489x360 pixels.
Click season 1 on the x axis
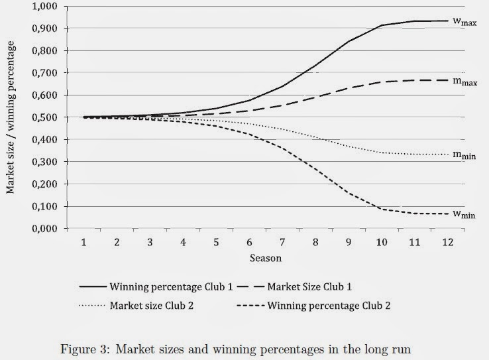pyautogui.click(x=85, y=242)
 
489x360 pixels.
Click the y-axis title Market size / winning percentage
pyautogui.click(x=11, y=117)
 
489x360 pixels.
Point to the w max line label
pyautogui.click(x=465, y=21)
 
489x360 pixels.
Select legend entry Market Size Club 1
pyautogui.click(x=315, y=286)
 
